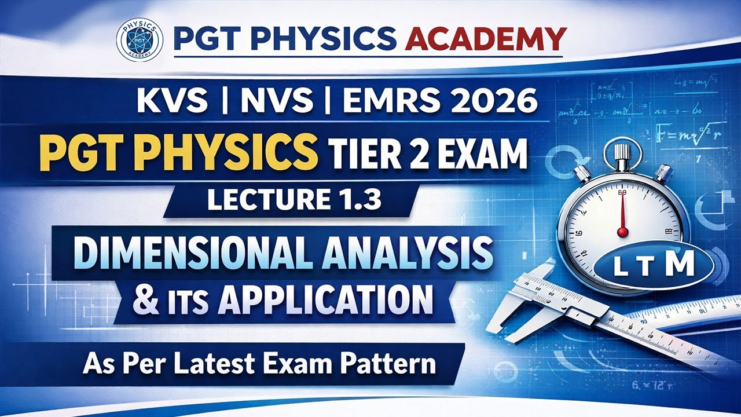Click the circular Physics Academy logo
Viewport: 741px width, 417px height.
pos(139,39)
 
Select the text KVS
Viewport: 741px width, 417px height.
pos(172,102)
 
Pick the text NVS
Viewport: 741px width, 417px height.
pos(277,102)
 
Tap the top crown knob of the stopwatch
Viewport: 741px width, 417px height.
pos(622,151)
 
